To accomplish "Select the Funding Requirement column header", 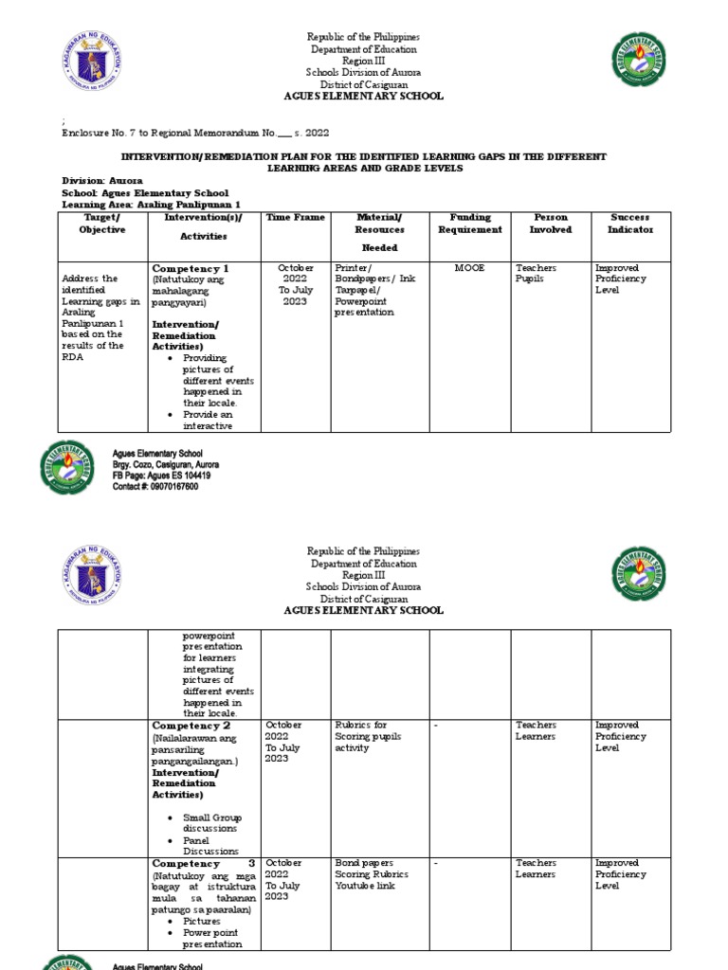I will [x=469, y=224].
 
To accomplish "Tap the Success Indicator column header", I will [x=630, y=224].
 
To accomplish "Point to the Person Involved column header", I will [x=551, y=224].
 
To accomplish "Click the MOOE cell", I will [x=469, y=268].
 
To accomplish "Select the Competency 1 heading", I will [x=191, y=269].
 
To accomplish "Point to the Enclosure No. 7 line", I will [x=195, y=134].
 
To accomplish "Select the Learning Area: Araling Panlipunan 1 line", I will [x=138, y=204].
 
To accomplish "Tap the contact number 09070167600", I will [x=155, y=486].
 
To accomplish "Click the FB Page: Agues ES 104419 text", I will [x=161, y=476].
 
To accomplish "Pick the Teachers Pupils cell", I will [x=537, y=274].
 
